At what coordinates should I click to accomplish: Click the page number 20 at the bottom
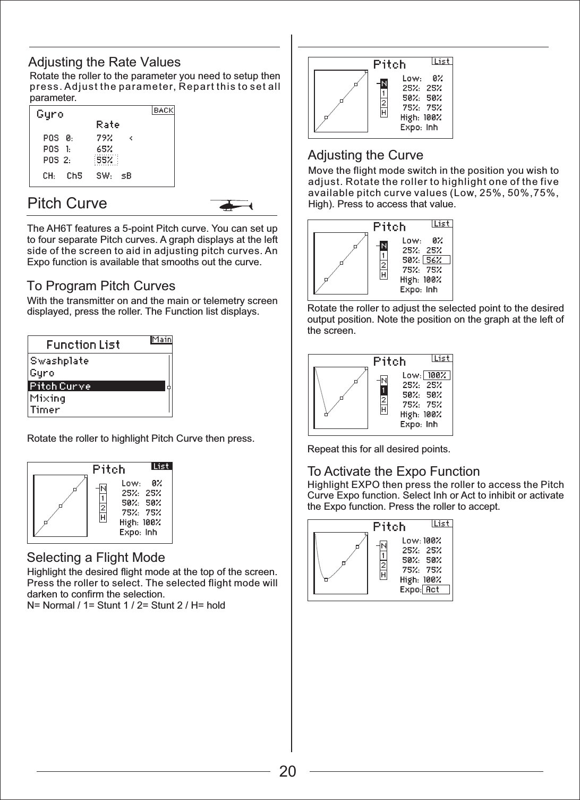[288, 771]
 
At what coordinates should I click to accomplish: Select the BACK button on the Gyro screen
[164, 110]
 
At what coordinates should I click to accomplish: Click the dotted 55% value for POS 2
[105, 160]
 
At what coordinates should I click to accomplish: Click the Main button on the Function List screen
[161, 340]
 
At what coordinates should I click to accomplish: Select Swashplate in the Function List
[59, 361]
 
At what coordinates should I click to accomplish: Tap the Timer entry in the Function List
[45, 410]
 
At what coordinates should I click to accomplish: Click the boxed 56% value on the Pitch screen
[436, 260]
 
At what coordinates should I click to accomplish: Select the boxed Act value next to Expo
[435, 590]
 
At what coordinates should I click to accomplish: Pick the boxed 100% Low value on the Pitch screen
[436, 375]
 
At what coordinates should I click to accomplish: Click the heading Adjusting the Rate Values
[104, 62]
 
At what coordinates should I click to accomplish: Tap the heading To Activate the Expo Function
[394, 471]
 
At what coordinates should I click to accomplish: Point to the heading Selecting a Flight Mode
[96, 558]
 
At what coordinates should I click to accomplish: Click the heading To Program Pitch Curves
[101, 286]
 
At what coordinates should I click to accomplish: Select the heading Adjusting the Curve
[365, 155]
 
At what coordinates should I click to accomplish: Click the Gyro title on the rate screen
[50, 114]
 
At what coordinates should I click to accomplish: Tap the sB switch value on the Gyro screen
[126, 175]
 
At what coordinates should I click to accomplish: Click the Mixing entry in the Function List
[48, 398]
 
